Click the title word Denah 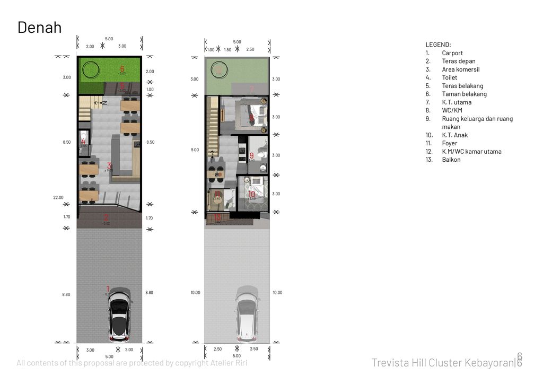point(39,28)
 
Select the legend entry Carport point(452,53)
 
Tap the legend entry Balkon point(451,160)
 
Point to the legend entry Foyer point(449,143)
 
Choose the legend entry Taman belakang point(464,94)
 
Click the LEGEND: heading point(438,45)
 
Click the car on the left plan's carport point(119,315)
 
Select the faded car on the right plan point(247,313)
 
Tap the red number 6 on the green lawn point(122,68)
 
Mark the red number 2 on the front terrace point(106,217)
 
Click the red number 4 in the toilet point(83,142)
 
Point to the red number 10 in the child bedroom point(252,195)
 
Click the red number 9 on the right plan point(251,155)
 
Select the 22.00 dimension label point(58,197)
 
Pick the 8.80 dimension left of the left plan point(66,294)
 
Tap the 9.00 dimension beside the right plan point(195,150)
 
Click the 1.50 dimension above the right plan point(227,50)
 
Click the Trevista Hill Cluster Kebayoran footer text point(443,363)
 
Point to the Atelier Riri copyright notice point(132,363)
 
